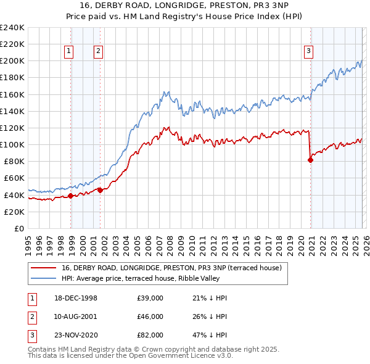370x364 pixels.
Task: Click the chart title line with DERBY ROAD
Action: pos(184,5)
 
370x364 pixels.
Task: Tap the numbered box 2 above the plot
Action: pos(98,52)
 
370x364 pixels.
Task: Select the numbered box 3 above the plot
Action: pos(308,52)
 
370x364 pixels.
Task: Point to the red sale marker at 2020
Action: pos(310,160)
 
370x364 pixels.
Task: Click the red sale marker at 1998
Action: pos(71,196)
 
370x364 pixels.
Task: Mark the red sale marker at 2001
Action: pos(100,190)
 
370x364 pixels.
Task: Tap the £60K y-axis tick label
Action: pos(14,178)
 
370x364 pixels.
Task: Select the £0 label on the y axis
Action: pos(20,228)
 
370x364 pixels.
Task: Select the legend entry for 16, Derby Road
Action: pos(171,268)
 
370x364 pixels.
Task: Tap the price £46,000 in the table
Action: pos(150,316)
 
